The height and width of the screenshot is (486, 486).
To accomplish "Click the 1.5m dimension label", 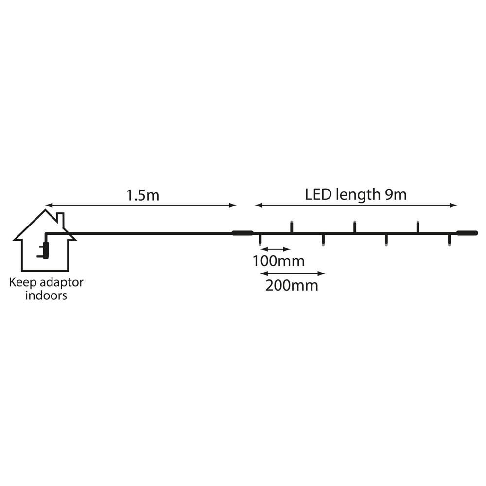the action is (x=143, y=195).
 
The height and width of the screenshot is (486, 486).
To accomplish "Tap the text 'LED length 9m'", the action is (x=356, y=195).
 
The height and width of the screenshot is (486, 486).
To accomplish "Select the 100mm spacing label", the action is (x=278, y=261).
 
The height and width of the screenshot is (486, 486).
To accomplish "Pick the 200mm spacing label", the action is (x=292, y=285).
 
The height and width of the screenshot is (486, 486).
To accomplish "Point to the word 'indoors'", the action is (x=46, y=295).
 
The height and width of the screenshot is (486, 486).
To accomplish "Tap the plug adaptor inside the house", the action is (x=44, y=250).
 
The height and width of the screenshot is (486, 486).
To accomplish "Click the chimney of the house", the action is (x=61, y=220).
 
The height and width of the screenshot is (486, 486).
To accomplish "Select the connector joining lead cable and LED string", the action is (x=243, y=233).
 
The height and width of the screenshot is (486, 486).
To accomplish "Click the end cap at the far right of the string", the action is (x=467, y=233).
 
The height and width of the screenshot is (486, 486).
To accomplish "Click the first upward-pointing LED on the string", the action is (x=291, y=226).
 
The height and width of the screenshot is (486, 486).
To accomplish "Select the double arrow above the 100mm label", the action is (x=276, y=249).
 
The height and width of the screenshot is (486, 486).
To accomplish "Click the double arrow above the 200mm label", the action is (x=293, y=273).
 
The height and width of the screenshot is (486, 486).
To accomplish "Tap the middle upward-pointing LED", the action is (x=355, y=226).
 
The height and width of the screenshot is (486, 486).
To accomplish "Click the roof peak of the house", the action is (x=46, y=210).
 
